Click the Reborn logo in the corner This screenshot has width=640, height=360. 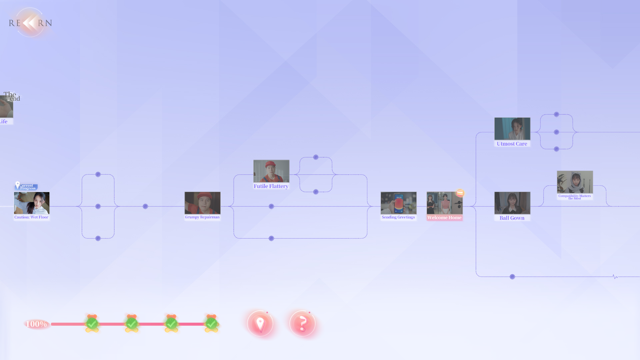(30, 23)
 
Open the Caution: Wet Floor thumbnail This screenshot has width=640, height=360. (32, 203)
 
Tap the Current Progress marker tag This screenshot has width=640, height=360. (26, 187)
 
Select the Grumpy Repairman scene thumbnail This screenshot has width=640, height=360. (202, 203)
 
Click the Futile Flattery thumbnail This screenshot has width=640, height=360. (271, 171)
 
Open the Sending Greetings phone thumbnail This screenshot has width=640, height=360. (398, 203)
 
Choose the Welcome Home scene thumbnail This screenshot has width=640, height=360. (444, 203)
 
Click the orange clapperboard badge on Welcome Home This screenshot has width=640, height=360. (460, 193)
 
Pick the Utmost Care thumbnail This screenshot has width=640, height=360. (512, 129)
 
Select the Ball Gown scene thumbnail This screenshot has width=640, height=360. (512, 203)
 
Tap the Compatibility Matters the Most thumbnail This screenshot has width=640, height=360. (575, 182)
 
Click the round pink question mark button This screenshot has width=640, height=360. (302, 323)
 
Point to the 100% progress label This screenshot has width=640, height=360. (36, 324)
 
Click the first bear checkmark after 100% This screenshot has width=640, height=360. (92, 323)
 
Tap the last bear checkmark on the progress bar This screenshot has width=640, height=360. (211, 323)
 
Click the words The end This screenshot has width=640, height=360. (12, 96)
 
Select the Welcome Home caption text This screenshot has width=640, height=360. (444, 218)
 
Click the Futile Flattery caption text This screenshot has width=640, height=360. (271, 186)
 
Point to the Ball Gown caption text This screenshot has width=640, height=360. (512, 218)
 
